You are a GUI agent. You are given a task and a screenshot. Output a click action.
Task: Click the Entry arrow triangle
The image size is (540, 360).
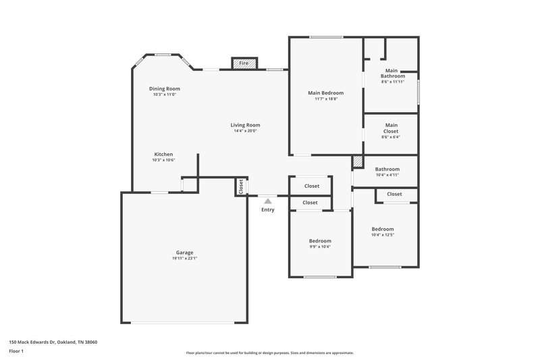[x=268, y=201]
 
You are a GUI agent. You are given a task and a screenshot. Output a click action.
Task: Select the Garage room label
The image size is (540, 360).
[x=184, y=253]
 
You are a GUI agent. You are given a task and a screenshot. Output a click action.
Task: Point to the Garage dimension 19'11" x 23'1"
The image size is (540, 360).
[x=184, y=258]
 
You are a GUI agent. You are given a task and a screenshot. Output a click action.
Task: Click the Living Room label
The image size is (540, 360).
[x=245, y=125]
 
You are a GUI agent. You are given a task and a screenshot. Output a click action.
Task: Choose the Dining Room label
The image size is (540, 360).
[x=165, y=88]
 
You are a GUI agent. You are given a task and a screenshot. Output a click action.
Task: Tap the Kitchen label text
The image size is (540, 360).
[x=163, y=154]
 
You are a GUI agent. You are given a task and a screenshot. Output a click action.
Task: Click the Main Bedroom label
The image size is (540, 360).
[x=326, y=93]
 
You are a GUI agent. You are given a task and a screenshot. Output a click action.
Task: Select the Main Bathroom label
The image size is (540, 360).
[x=391, y=73]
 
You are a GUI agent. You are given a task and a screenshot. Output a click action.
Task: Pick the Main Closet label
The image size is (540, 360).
[x=391, y=128]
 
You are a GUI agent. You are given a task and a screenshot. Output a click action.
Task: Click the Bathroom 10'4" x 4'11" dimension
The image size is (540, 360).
[x=387, y=175]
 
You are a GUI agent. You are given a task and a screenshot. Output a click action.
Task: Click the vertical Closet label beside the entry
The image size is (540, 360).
[x=240, y=186]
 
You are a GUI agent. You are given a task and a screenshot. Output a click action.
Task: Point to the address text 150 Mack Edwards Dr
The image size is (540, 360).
[x=53, y=342]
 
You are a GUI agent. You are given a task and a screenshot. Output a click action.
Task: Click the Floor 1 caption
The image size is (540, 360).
[x=17, y=351]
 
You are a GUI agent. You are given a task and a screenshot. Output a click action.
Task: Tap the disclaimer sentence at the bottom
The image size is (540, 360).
[x=270, y=353]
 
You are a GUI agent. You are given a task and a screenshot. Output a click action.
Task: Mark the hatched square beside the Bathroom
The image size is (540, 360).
[x=358, y=162]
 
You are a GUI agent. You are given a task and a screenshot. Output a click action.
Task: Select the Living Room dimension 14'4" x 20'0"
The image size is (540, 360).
[x=245, y=131]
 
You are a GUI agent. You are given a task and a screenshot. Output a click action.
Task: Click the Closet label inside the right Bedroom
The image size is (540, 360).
[x=395, y=194]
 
